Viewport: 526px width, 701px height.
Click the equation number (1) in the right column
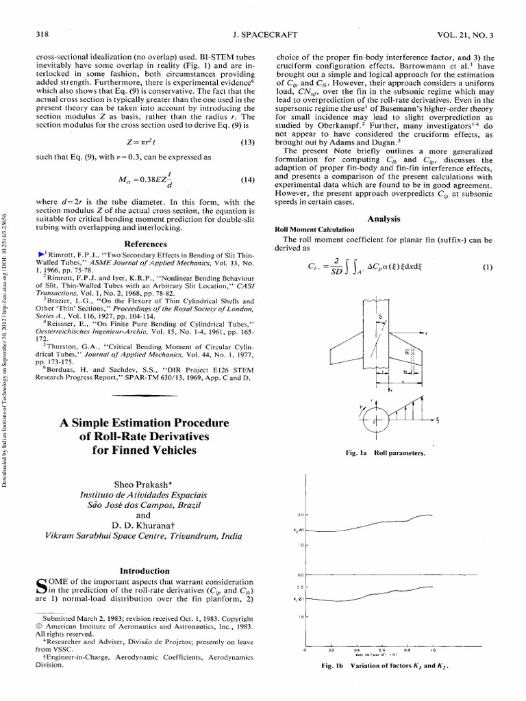487,268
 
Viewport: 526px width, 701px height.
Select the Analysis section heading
384,218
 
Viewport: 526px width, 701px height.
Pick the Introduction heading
145,570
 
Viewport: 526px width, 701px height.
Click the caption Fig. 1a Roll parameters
386,453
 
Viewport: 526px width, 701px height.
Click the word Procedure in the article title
186,422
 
